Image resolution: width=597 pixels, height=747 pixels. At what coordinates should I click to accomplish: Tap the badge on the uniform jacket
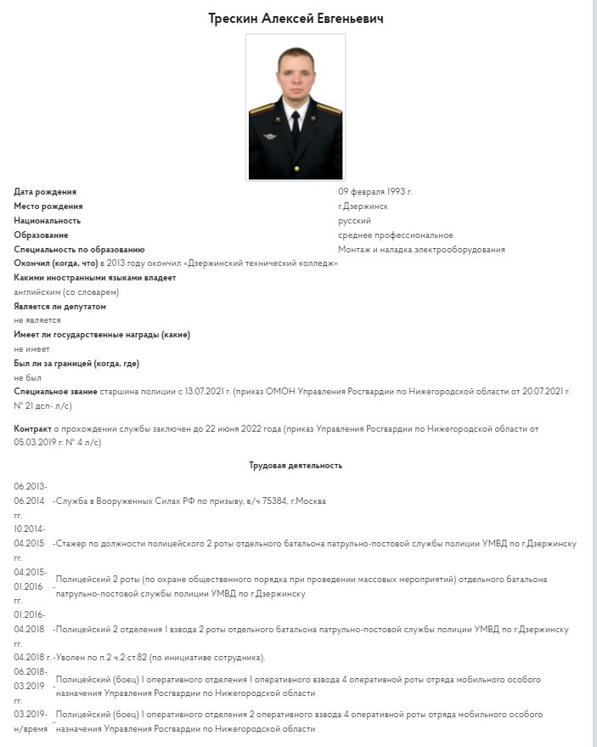[272, 135]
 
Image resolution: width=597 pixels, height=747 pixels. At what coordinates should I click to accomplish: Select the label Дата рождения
[45, 192]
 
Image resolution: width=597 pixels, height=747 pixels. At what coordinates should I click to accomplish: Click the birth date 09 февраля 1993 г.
[375, 192]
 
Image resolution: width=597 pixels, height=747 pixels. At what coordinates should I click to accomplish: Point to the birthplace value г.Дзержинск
[363, 207]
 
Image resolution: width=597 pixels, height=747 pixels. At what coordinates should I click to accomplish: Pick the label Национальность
[47, 221]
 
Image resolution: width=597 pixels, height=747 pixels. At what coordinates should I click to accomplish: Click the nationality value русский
[354, 221]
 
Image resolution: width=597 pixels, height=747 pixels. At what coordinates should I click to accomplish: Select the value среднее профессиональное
[395, 235]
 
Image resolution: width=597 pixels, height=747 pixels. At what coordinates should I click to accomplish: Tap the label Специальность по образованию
[79, 250]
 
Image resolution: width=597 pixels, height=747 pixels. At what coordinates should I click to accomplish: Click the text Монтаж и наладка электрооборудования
[421, 250]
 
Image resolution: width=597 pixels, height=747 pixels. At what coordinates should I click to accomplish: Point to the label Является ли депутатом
[60, 306]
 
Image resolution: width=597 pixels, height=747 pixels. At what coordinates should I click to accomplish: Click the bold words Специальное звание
[56, 391]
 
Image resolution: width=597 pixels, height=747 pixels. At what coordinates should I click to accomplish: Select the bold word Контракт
[33, 429]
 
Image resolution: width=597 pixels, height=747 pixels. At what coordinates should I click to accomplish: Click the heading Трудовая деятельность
[296, 466]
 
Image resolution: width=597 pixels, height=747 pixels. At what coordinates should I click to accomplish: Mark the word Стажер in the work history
[73, 543]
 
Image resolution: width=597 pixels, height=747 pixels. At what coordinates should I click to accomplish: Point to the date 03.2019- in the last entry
[31, 715]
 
